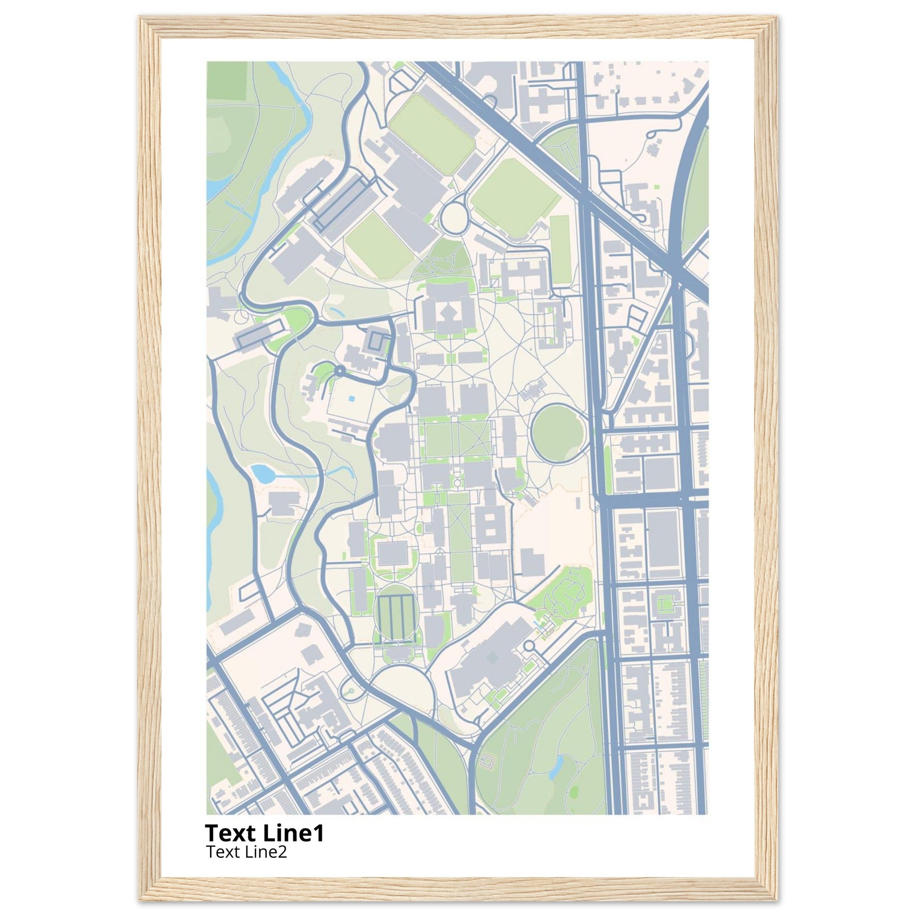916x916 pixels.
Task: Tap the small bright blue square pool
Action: coord(350,399)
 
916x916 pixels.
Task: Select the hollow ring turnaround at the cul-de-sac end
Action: coord(529,646)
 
